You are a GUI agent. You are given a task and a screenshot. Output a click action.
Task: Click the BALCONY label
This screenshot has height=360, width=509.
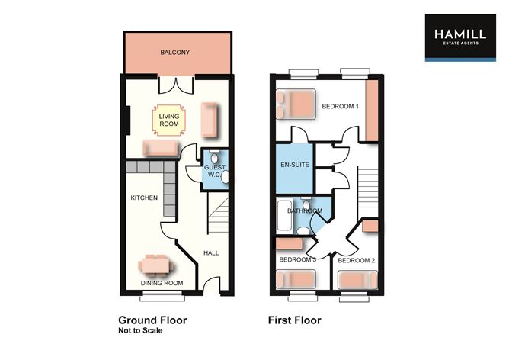(x=174, y=53)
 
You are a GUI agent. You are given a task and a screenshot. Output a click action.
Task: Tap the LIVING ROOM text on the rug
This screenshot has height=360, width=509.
(x=168, y=121)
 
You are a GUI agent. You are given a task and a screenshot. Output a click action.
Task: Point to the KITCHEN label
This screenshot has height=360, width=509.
(x=144, y=198)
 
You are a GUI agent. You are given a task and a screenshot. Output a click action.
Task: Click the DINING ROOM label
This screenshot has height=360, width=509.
(x=162, y=284)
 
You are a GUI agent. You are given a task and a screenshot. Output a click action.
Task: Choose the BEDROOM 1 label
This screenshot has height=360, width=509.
(x=340, y=106)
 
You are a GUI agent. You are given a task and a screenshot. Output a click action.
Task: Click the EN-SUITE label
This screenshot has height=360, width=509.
(x=293, y=166)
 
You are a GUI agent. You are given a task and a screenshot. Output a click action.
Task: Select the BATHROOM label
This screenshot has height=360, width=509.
(x=304, y=211)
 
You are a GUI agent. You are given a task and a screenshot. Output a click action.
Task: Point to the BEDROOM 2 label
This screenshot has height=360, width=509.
(x=357, y=261)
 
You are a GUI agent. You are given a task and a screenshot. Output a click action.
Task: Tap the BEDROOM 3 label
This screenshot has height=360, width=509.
(x=297, y=260)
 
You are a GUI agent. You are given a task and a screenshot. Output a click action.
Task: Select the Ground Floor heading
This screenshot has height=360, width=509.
(x=152, y=320)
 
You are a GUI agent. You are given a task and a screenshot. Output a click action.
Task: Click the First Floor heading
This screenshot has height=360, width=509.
(x=294, y=320)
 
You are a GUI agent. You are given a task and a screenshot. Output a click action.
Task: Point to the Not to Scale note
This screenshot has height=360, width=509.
(x=140, y=332)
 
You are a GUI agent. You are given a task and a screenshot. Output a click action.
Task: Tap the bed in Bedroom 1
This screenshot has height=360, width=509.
(x=296, y=104)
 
